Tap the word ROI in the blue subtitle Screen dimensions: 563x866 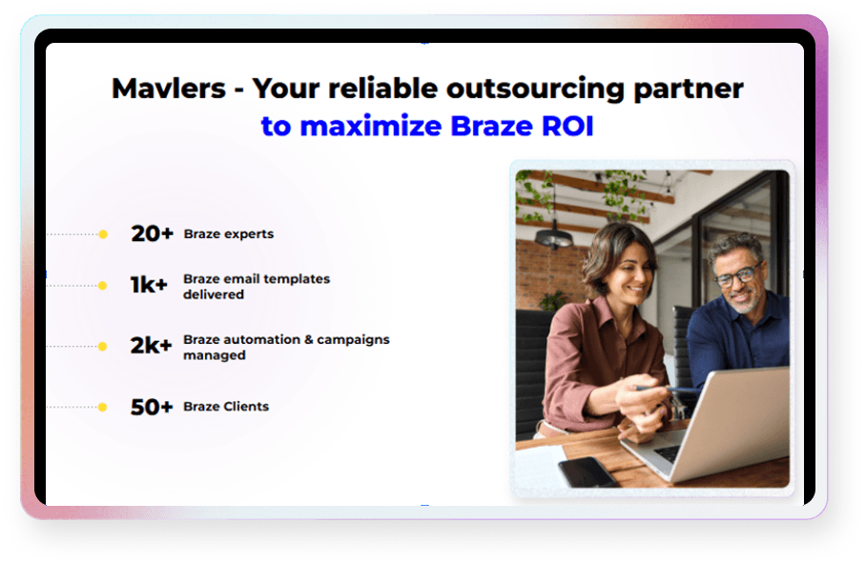[x=562, y=127]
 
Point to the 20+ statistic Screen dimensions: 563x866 [x=152, y=233]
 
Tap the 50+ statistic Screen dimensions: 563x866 [x=152, y=407]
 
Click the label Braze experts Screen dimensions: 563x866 [x=229, y=234]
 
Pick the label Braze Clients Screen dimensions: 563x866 [x=226, y=407]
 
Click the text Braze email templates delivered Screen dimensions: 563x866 [x=256, y=287]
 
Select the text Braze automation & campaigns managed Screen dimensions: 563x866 [x=286, y=347]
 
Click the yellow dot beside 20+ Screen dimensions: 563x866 [x=103, y=233]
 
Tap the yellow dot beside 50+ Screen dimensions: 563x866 [x=103, y=407]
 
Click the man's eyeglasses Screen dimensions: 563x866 [x=737, y=276]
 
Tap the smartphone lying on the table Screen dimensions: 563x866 [x=587, y=471]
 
